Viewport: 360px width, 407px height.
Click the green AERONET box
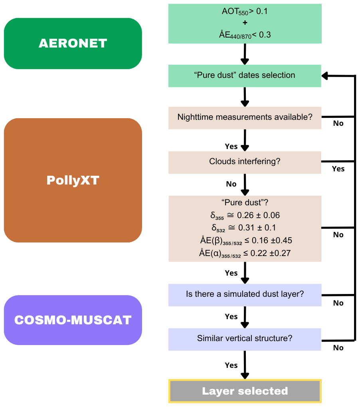(73, 43)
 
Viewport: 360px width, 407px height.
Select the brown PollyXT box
(73, 180)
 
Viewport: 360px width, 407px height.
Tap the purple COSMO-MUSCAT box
(73, 320)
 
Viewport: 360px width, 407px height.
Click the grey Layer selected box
(245, 391)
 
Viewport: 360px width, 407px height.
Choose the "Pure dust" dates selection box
(245, 75)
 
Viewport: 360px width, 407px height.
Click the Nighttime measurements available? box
(245, 117)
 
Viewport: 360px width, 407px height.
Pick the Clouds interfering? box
(245, 162)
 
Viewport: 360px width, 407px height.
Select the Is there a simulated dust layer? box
(245, 295)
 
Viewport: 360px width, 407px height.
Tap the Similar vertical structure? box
(245, 339)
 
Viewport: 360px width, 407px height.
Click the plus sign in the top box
(245, 23)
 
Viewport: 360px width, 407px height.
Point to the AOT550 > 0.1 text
(245, 12)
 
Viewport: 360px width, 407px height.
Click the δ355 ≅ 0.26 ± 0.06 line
(245, 215)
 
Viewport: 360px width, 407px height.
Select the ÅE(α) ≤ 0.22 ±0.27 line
(245, 253)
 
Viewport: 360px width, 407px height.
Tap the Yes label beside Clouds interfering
(338, 169)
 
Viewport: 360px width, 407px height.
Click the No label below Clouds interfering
(231, 184)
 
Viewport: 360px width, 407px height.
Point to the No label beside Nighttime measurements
(338, 123)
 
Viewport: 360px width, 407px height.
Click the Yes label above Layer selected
(231, 365)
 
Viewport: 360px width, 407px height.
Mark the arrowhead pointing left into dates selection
(326, 75)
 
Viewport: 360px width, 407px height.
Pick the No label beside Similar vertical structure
(338, 348)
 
